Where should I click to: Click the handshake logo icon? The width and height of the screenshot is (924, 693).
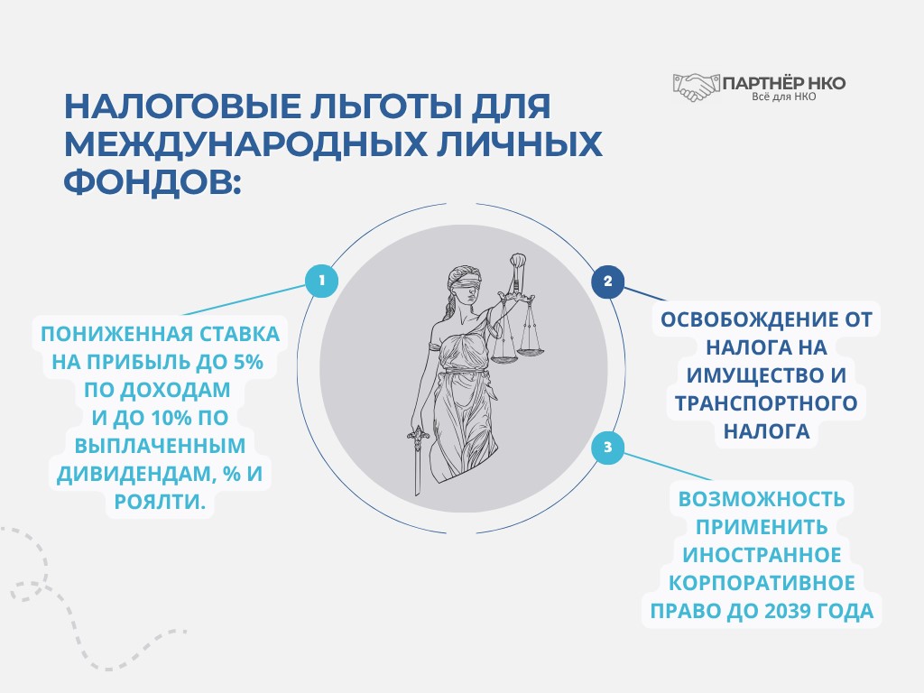(694, 87)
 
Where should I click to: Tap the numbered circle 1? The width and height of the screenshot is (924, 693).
(321, 281)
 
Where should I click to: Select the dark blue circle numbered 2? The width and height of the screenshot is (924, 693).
(607, 282)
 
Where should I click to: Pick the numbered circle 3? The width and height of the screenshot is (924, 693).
(607, 448)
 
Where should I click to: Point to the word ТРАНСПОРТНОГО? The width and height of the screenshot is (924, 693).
(762, 403)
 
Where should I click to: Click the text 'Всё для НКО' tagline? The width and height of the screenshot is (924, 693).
(784, 97)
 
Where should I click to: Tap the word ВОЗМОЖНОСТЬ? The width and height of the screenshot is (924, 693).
(762, 498)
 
